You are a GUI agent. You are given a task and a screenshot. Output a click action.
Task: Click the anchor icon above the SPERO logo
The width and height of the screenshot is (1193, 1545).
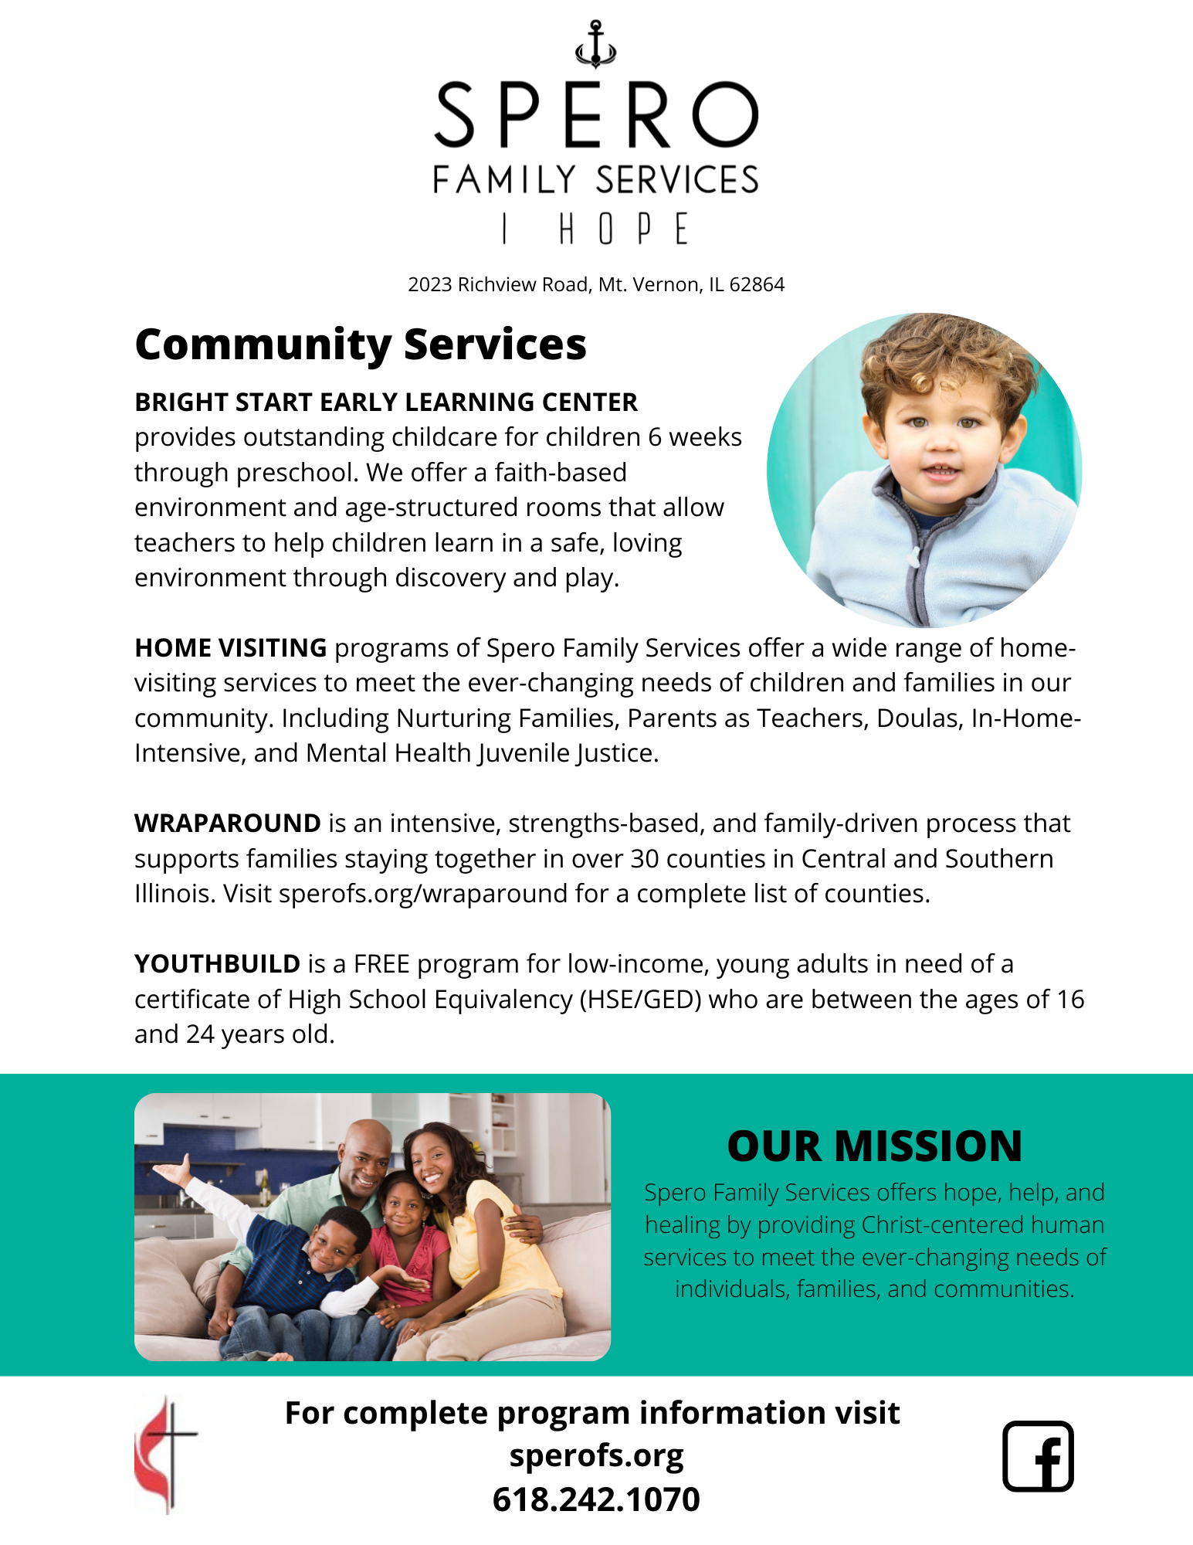coord(595,45)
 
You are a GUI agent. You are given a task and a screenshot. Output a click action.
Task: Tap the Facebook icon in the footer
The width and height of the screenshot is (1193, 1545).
coord(1038,1455)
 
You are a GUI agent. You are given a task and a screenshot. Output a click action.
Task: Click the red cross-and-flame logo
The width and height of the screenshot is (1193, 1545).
coord(165,1454)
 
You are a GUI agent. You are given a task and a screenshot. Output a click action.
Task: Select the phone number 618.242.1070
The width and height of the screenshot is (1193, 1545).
coord(596,1499)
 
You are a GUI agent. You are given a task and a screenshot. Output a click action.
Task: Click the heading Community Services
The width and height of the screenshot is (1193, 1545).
coord(361,345)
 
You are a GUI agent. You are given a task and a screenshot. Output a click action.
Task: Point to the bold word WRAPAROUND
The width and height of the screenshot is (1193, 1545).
coord(228,823)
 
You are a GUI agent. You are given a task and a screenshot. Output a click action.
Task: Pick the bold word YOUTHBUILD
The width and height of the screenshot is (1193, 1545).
coord(217,964)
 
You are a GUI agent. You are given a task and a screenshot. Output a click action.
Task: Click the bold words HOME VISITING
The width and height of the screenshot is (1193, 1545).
coord(230,648)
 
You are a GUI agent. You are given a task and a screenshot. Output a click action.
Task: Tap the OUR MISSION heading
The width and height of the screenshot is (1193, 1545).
coord(874,1146)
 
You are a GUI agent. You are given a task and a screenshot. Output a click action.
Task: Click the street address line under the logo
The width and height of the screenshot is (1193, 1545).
coord(596,285)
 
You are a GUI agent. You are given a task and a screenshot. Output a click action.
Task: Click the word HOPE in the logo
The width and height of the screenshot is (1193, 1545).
coord(622,229)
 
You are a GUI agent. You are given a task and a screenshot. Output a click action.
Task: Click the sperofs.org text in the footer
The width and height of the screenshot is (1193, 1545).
coord(596,1455)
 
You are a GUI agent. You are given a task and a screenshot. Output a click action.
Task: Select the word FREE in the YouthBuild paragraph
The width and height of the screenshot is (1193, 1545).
coord(381,964)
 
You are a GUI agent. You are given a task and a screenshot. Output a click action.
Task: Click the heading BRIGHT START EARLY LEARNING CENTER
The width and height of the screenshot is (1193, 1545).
coord(386,402)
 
